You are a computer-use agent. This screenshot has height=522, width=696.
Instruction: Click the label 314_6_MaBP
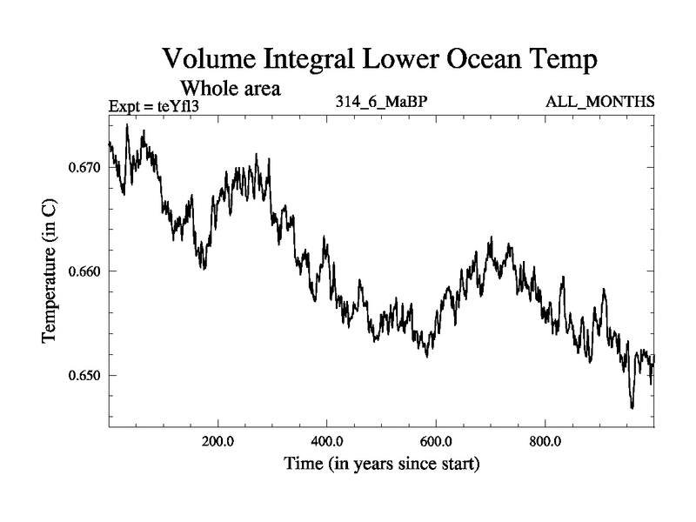(x=381, y=103)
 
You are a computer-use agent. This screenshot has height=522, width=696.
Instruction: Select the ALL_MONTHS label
(x=599, y=103)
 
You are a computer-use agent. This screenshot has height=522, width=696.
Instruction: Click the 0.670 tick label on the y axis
(x=84, y=167)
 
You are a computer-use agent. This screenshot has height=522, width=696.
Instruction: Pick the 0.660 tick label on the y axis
(x=84, y=271)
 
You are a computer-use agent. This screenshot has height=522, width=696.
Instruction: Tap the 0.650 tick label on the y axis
(x=84, y=376)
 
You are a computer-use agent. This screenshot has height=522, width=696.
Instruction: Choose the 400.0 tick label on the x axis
(x=327, y=440)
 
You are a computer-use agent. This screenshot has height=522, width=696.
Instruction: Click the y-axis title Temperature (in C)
(x=50, y=271)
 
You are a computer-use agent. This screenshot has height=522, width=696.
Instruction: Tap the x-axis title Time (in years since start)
(x=382, y=465)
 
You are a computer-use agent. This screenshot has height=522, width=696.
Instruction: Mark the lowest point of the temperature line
(x=632, y=407)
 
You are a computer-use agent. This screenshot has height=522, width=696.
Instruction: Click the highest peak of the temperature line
(x=127, y=125)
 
